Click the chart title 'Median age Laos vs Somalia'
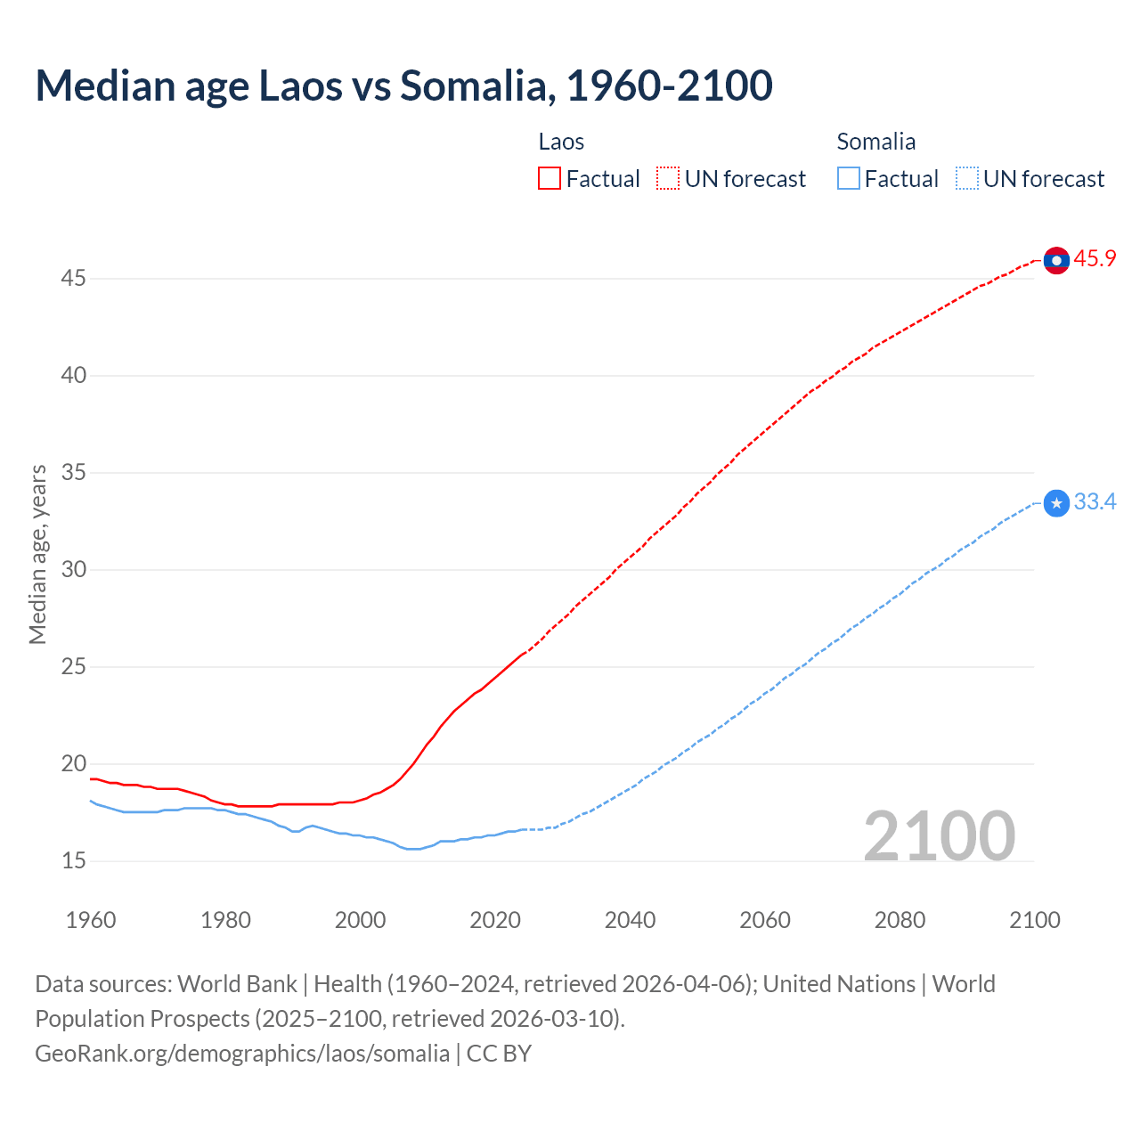(403, 86)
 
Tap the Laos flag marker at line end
(1056, 260)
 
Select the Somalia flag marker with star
(1056, 503)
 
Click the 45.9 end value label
(1095, 259)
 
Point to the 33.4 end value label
(1095, 502)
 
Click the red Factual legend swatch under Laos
(550, 179)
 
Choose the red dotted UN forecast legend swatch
(668, 179)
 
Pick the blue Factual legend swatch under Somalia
(848, 179)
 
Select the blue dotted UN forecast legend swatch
(966, 179)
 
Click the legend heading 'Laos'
(561, 142)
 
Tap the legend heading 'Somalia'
(875, 142)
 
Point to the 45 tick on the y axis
(73, 279)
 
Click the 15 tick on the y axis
(73, 861)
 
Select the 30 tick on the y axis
(73, 570)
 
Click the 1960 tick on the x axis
(91, 920)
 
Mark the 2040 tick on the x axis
(630, 920)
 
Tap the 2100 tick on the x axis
(1034, 920)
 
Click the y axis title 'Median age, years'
(37, 554)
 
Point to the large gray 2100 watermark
(939, 835)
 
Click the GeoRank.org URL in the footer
(242, 1054)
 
